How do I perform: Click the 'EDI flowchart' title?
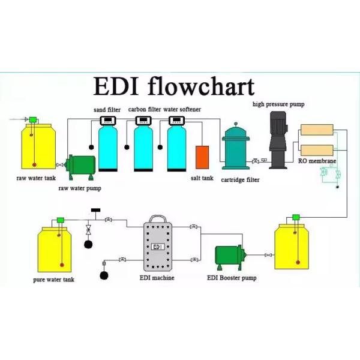click(x=173, y=86)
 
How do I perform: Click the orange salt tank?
click(x=202, y=157)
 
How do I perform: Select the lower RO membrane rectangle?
click(x=316, y=150)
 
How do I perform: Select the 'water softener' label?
click(x=182, y=110)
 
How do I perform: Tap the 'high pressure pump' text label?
click(x=278, y=104)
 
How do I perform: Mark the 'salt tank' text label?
click(x=202, y=178)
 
